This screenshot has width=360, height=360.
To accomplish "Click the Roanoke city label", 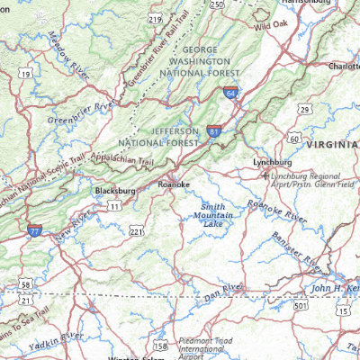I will [174, 184].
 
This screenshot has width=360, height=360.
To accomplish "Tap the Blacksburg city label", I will [115, 191].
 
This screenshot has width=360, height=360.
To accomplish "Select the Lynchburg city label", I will [273, 162].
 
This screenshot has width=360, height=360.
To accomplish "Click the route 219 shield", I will [155, 18].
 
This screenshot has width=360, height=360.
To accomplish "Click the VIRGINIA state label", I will [332, 144].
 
